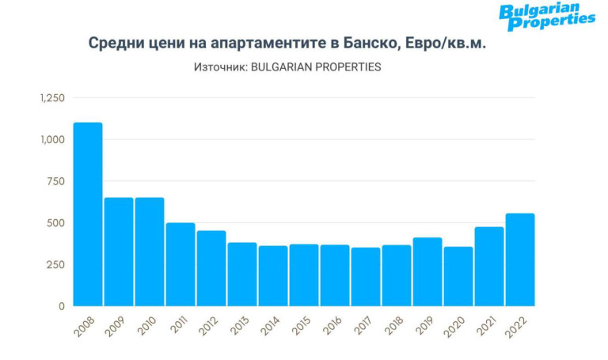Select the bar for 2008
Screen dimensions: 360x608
pyautogui.click(x=88, y=214)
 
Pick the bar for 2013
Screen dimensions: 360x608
pyautogui.click(x=242, y=274)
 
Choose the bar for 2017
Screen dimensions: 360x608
pyautogui.click(x=366, y=276)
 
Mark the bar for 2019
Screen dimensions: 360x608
pyautogui.click(x=427, y=271)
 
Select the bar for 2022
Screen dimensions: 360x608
pyautogui.click(x=520, y=260)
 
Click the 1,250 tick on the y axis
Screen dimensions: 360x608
pyautogui.click(x=51, y=98)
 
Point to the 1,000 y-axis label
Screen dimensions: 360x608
pyautogui.click(x=51, y=140)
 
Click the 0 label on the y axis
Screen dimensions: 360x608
pyautogui.click(x=60, y=305)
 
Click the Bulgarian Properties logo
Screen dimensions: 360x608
pyautogui.click(x=546, y=17)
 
